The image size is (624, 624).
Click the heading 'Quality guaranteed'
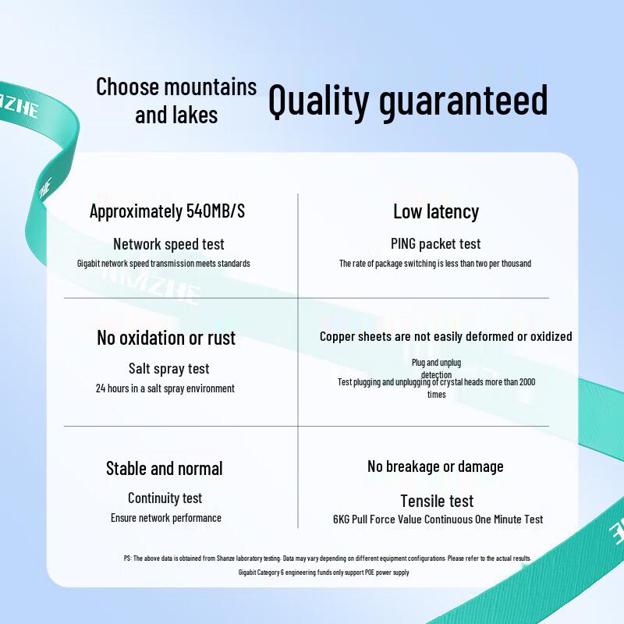pos(408,102)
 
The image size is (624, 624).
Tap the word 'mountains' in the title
pos(211,87)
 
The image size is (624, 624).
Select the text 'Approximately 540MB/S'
pos(167,211)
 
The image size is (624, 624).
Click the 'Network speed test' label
pos(168,244)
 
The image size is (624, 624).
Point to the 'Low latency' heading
pos(436,211)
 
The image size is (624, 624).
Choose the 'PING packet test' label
pos(436,244)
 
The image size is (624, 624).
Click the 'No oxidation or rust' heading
pos(166,338)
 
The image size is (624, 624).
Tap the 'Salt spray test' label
pos(168,369)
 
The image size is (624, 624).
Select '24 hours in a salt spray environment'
pos(165,388)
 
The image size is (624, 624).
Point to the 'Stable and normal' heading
pos(165,469)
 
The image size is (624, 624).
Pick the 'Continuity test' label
pos(165,498)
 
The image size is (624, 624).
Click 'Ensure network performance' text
pos(166,518)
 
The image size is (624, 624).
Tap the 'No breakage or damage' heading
pos(435,466)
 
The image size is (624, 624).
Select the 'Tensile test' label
pos(437,501)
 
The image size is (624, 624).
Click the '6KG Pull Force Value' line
pos(438,519)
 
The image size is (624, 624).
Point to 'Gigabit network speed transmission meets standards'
pos(164,264)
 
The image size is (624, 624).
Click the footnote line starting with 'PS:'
pos(327,558)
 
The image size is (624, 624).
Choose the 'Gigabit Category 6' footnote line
pos(324,573)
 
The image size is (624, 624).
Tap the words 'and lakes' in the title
pos(176,115)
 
